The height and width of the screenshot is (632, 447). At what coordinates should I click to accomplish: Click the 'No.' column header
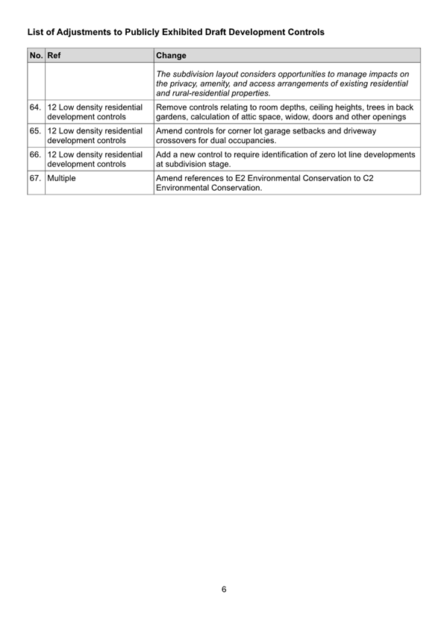pos(35,55)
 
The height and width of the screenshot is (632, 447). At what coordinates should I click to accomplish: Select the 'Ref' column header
pos(54,55)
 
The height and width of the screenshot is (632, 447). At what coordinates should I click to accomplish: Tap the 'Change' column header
pos(172,55)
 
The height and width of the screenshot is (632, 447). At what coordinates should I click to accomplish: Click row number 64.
pos(35,108)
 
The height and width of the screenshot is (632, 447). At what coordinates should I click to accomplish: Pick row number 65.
pos(35,130)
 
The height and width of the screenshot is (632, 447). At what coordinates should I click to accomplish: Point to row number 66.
pos(35,154)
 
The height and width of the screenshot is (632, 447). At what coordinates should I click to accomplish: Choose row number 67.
pos(35,179)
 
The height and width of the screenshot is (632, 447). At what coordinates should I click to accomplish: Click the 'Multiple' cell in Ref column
pos(65,179)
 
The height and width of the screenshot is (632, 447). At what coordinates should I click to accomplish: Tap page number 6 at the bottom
pos(224,589)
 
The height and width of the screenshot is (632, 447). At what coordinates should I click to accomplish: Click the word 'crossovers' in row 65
pos(180,140)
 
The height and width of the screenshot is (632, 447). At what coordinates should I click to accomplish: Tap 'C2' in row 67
pos(402,179)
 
